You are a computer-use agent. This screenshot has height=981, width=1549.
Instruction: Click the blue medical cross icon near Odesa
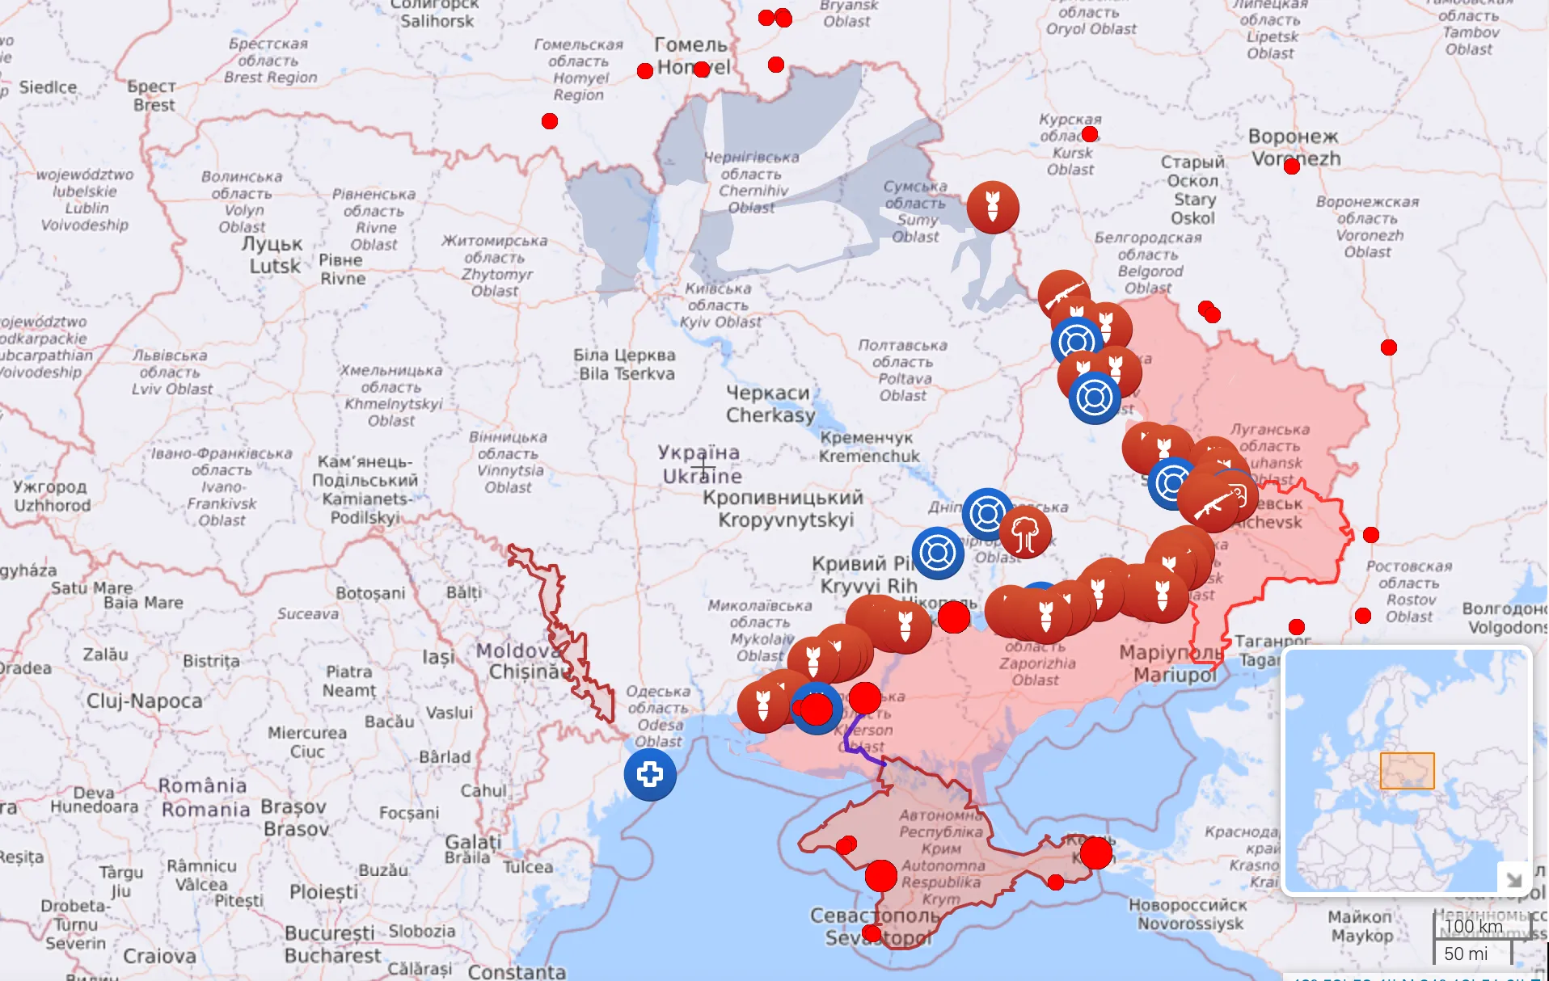[x=650, y=774]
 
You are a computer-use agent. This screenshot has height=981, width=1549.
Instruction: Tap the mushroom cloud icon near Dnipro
[x=1025, y=533]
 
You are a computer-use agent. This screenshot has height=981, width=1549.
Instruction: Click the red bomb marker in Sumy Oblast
[x=993, y=207]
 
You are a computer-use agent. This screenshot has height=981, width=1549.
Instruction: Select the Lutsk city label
[x=273, y=255]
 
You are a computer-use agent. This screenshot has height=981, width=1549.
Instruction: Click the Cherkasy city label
[x=770, y=404]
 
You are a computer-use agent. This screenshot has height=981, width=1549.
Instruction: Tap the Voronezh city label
[x=1294, y=147]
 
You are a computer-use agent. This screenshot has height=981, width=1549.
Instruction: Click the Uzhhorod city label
[x=50, y=495]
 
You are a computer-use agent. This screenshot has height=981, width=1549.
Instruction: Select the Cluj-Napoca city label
[x=145, y=701]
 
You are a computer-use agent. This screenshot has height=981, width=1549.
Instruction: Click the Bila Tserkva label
[x=625, y=364]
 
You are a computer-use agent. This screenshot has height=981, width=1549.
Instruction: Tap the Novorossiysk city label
[x=1188, y=914]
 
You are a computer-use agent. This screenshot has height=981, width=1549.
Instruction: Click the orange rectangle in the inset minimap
[x=1407, y=771]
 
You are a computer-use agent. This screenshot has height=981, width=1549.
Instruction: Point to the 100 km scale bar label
[x=1473, y=926]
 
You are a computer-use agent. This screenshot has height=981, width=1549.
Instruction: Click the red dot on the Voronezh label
[x=1291, y=166]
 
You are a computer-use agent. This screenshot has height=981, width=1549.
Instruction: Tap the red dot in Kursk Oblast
[x=1089, y=134]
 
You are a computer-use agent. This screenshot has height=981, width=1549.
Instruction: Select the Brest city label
[x=153, y=95]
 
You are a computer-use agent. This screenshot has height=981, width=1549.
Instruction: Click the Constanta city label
[x=517, y=970]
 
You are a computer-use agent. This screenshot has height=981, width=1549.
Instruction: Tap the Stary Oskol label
[x=1193, y=190]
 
